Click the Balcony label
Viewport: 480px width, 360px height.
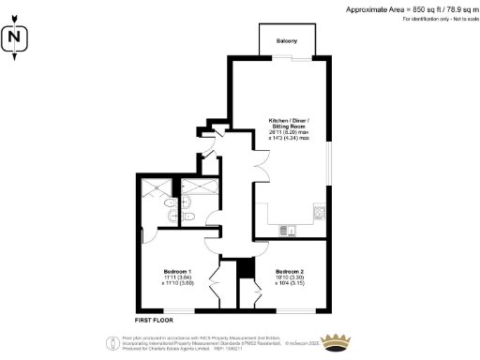pos(287,41)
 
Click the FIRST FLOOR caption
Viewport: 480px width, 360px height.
pos(154,320)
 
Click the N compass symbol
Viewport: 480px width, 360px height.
pos(14,39)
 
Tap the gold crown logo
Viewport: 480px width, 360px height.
pos(336,338)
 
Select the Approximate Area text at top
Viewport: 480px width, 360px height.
pos(397,8)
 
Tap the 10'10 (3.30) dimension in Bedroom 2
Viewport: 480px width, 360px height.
pos(289,277)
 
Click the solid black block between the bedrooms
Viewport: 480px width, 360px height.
pos(245,268)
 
